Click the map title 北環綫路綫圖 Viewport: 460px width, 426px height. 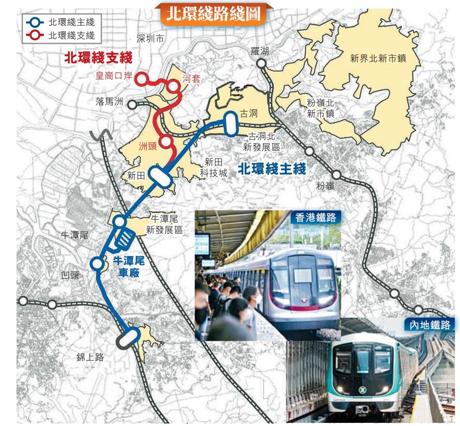pyautogui.click(x=213, y=13)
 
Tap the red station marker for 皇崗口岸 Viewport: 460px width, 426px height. pyautogui.click(x=142, y=79)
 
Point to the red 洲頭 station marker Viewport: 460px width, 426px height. pyautogui.click(x=166, y=141)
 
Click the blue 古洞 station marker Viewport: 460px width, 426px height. pyautogui.click(x=231, y=122)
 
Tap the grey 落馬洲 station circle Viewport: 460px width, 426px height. pyautogui.click(x=132, y=105)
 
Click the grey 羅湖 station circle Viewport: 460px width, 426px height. pyautogui.click(x=261, y=64)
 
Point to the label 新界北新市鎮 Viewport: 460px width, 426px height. pyautogui.click(x=378, y=58)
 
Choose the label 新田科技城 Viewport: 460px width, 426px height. pyautogui.click(x=214, y=168)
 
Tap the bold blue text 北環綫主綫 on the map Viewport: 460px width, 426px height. pyautogui.click(x=272, y=169)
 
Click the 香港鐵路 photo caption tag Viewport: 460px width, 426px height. pyautogui.click(x=316, y=218)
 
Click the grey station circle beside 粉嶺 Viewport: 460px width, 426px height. pyautogui.click(x=336, y=173)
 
